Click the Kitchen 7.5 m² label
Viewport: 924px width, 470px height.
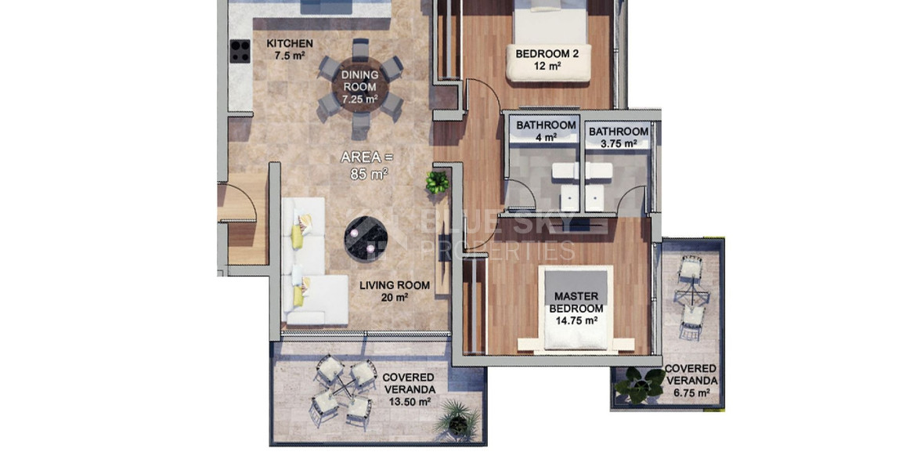click(x=290, y=49)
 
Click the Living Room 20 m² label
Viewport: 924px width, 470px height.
click(x=394, y=291)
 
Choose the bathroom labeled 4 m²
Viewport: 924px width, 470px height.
click(x=546, y=131)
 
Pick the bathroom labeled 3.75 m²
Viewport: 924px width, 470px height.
click(x=618, y=137)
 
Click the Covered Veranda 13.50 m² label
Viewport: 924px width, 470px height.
click(x=409, y=389)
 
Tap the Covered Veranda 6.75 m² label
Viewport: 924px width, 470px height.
click(x=689, y=381)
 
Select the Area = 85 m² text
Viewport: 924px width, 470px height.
click(x=365, y=165)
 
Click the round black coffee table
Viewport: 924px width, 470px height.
click(x=366, y=236)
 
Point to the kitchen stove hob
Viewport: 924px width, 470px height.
click(x=239, y=50)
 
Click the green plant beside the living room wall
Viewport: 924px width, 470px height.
click(x=437, y=183)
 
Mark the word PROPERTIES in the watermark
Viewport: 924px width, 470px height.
click(x=498, y=251)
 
